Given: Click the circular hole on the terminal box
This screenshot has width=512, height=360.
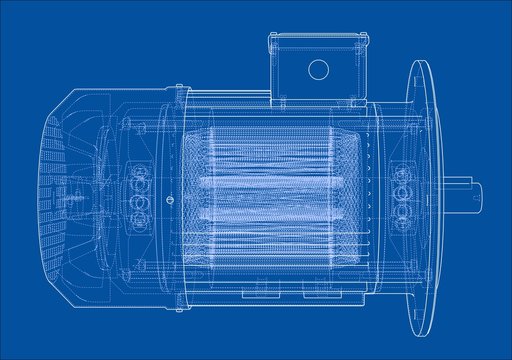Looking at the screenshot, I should coord(318,69).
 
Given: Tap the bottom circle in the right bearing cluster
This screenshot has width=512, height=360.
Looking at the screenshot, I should coord(404,205).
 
